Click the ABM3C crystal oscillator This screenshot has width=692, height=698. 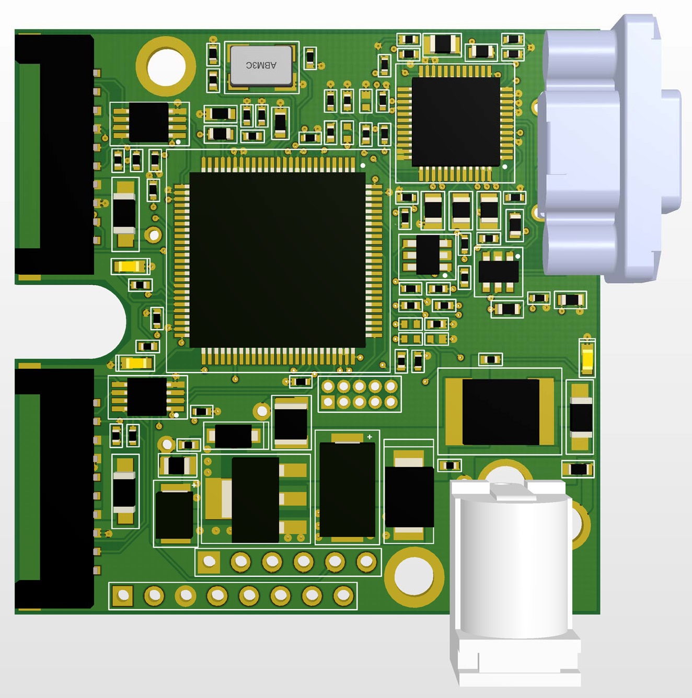coord(261,66)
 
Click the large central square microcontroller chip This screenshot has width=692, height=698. coord(278,260)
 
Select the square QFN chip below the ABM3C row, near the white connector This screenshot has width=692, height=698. coord(456,122)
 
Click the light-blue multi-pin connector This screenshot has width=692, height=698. coord(609,148)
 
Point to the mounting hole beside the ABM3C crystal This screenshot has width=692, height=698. coord(166,66)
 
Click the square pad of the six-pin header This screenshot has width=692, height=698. coord(209,561)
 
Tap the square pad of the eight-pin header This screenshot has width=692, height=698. coord(123,595)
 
